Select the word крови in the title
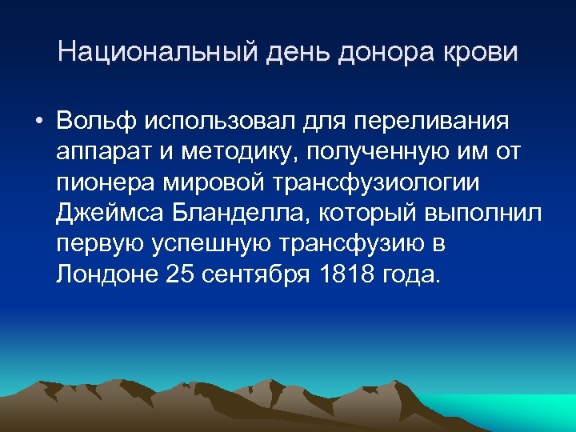pos(483,53)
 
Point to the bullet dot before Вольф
pos(38,122)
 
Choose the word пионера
pos(106,182)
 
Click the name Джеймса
pos(110,214)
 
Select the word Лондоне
pos(107,274)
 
